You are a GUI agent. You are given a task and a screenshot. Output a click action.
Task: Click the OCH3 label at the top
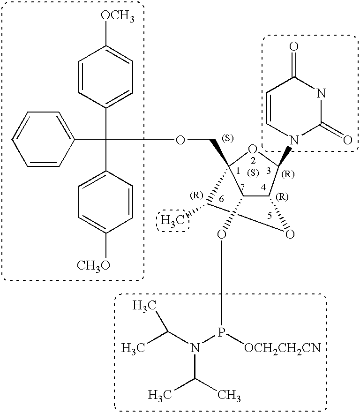click(118, 16)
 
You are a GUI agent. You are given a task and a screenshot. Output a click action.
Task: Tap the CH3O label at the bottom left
click(93, 265)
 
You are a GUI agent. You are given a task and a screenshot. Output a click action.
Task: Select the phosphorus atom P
click(221, 332)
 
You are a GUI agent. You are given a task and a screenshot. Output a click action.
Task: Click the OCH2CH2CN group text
click(283, 348)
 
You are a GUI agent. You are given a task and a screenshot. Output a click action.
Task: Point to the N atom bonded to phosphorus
click(195, 348)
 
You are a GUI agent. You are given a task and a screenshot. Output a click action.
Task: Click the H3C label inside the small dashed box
click(173, 220)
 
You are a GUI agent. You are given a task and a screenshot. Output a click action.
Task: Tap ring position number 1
click(238, 171)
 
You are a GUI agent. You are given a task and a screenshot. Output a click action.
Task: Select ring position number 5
click(269, 216)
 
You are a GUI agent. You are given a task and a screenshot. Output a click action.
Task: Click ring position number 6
click(221, 199)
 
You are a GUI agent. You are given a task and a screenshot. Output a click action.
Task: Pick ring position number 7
click(242, 188)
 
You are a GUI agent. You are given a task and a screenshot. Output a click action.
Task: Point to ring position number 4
click(263, 188)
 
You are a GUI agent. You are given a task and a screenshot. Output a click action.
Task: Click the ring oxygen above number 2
click(252, 150)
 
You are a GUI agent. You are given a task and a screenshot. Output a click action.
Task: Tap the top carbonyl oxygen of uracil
click(294, 46)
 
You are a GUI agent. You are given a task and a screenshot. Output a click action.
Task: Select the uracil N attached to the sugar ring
click(294, 140)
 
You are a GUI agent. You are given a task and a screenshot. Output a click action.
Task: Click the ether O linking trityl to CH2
click(180, 140)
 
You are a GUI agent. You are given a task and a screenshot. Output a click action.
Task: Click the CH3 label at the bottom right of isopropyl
click(229, 395)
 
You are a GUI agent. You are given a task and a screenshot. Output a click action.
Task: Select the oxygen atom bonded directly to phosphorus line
click(222, 233)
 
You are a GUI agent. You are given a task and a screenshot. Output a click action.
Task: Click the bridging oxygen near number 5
click(290, 233)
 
